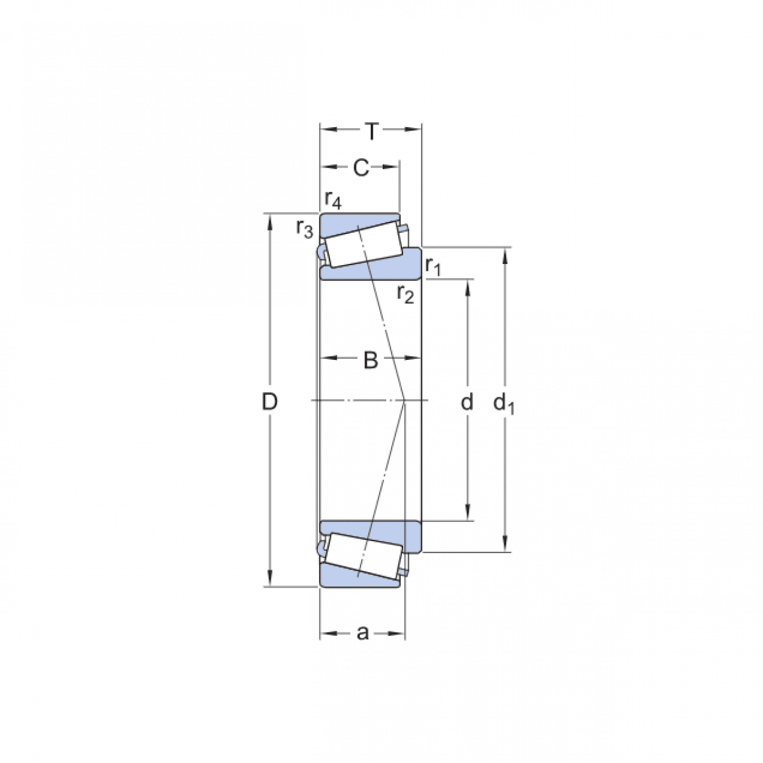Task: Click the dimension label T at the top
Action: coord(372,132)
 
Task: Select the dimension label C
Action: coord(361,168)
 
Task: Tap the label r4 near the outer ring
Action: coord(333,200)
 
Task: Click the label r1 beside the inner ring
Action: coord(433,265)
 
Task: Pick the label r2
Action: coord(406,294)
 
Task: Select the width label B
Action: coord(370,361)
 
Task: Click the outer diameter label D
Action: coord(270,401)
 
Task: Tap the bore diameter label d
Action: coord(467,402)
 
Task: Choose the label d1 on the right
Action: coord(504,402)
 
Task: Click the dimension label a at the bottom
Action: coord(362,633)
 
